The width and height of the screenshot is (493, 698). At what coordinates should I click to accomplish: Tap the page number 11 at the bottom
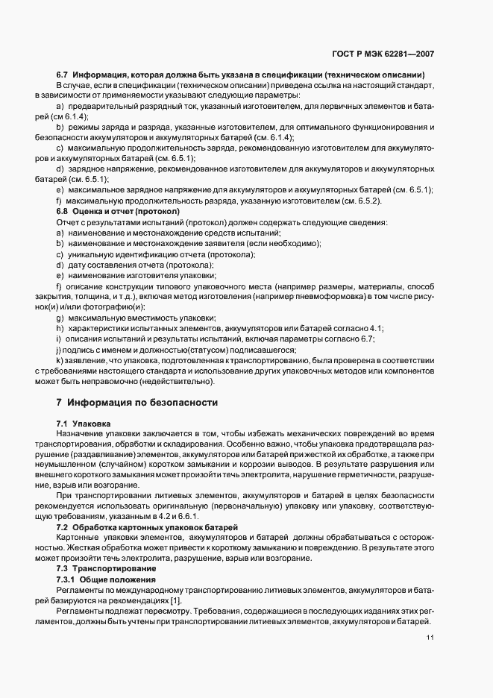tap(430, 638)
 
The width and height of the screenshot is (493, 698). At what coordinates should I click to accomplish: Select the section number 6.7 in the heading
tap(63, 75)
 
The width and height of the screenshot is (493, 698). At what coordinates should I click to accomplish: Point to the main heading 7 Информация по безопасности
tap(136, 403)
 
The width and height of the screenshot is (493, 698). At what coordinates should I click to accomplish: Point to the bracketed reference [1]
tap(176, 600)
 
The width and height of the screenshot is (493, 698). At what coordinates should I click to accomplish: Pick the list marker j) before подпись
tap(58, 350)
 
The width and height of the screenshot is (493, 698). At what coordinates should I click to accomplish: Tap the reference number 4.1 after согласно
tap(374, 329)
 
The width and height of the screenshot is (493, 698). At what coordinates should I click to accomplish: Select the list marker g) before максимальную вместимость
tap(59, 318)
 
